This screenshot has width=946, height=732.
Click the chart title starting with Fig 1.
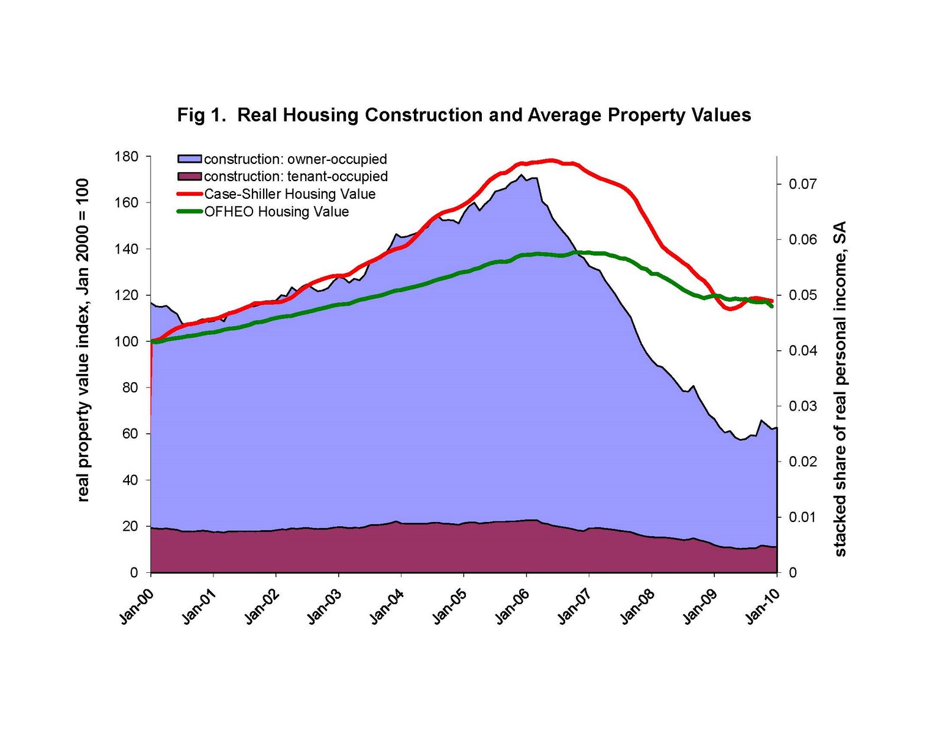coord(464,115)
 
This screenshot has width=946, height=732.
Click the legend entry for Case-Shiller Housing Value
coord(290,194)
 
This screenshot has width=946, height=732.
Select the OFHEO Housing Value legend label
coord(276,212)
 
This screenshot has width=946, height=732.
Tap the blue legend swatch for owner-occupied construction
coord(190,159)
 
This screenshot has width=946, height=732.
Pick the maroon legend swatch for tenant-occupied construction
coord(190,176)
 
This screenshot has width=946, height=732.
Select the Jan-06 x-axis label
coord(512,606)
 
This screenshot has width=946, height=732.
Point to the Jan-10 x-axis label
coord(763,606)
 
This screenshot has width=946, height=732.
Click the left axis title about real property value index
coord(83,340)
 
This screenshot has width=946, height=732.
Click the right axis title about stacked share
coord(840,389)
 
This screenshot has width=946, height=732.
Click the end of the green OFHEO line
coord(772,306)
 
